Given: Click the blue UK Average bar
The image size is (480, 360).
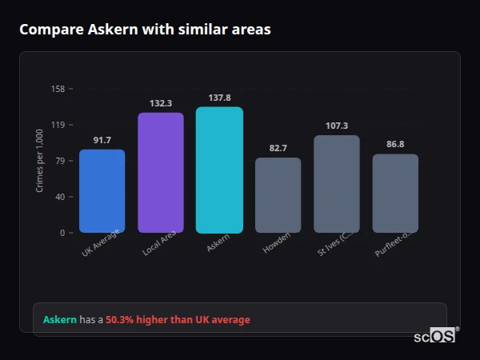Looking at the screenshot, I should (102, 191).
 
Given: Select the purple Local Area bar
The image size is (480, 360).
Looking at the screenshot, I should (160, 173).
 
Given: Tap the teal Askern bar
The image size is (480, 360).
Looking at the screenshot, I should (219, 170).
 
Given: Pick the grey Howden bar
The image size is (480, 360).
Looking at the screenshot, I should (278, 195).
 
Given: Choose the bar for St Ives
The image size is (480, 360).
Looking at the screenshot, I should (336, 184).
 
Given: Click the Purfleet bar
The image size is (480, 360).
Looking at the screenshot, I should (395, 194).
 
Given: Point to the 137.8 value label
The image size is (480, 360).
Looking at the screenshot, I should (219, 98).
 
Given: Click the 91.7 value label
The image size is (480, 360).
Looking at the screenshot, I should (102, 140).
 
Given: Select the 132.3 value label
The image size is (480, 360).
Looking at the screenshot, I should (160, 103).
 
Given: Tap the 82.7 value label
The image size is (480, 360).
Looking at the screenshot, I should (278, 148).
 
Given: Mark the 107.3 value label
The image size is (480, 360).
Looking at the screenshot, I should (336, 126).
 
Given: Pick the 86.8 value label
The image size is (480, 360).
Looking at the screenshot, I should (395, 145).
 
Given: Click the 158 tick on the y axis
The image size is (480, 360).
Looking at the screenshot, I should (58, 89).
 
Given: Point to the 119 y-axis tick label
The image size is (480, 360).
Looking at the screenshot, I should (58, 125).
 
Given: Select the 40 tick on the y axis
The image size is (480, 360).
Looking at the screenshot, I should (59, 197).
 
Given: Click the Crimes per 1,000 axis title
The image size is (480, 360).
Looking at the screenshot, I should (40, 161).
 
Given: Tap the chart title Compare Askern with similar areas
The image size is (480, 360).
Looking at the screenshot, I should (145, 30).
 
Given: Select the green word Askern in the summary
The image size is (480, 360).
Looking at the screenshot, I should (60, 320).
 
